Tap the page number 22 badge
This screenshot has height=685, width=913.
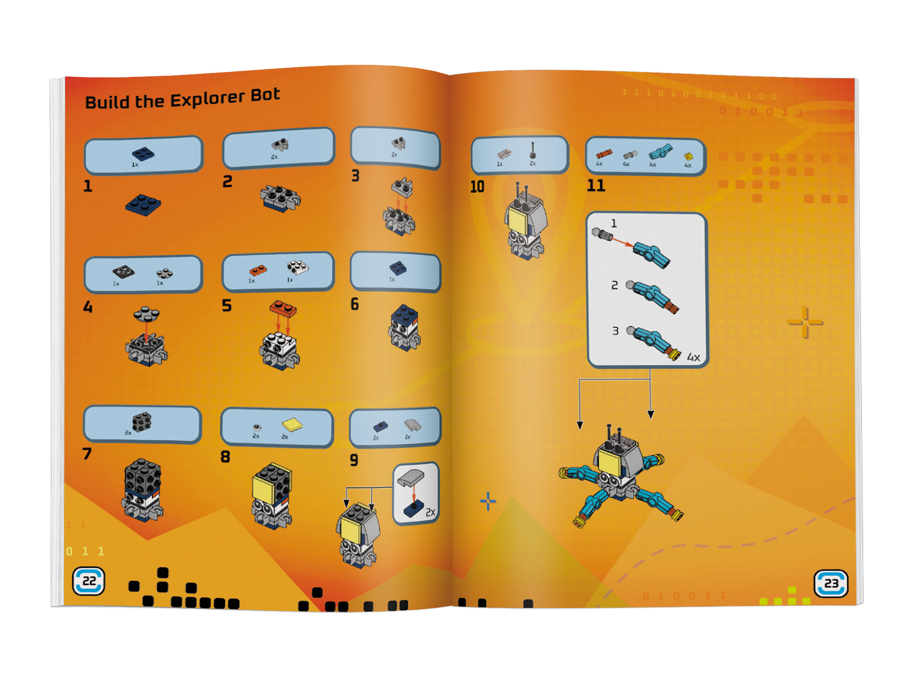[x=89, y=581]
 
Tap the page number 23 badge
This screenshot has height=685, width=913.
[x=831, y=583]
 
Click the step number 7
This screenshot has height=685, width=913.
[x=87, y=454]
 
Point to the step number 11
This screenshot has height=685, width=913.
[x=596, y=185]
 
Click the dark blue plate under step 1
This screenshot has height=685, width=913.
[x=143, y=205]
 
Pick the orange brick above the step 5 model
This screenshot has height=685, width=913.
[x=283, y=308]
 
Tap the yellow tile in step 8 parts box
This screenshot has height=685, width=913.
[x=292, y=424]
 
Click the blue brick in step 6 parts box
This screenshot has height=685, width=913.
[x=398, y=268]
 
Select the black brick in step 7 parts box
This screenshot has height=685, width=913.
[x=142, y=422]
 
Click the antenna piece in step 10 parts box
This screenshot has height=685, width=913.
[x=533, y=151]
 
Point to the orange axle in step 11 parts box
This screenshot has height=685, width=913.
[x=604, y=154]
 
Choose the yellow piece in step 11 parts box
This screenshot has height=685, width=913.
[x=689, y=156]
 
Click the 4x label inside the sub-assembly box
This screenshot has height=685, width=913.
[x=693, y=358]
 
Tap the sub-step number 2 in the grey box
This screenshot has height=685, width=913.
[x=615, y=285]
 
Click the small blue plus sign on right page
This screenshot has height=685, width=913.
[x=488, y=501]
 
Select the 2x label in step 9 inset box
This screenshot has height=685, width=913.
[x=430, y=512]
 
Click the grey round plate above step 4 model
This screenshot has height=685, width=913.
[x=146, y=314]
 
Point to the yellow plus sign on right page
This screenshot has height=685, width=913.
[x=805, y=322]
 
